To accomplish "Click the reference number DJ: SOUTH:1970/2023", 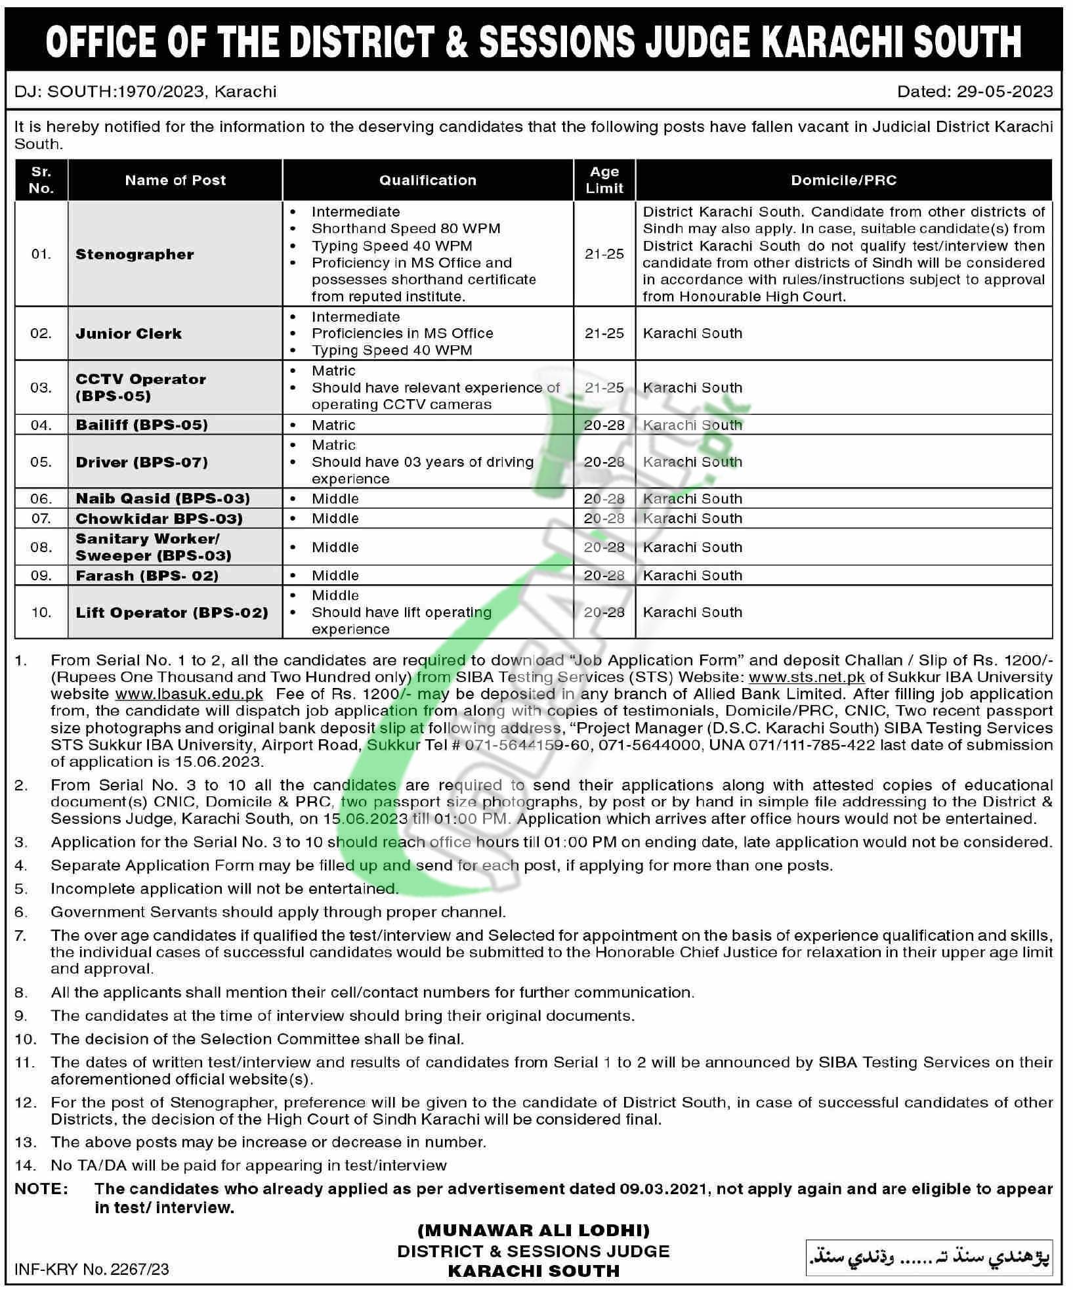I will coord(109,91).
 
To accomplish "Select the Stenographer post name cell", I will coord(135,254).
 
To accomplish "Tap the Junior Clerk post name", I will coord(128,333).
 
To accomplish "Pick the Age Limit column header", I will coord(604,180).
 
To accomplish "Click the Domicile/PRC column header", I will coord(843,180).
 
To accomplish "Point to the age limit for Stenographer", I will coord(604,254).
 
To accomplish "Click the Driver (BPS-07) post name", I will coord(141,462).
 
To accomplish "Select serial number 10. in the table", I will coord(41,613).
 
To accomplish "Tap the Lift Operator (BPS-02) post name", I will coord(171,613).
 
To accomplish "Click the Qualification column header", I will coord(427,180).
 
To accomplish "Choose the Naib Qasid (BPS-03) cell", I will coord(162,498).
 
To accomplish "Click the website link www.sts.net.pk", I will coord(807,677).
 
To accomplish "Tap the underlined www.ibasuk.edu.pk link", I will coord(189,694).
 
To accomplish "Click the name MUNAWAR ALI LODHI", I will coord(534,1230).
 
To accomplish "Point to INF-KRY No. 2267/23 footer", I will coord(91,1269).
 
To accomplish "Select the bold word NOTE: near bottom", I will coord(41,1189).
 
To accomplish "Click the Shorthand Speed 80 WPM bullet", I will coord(406,228).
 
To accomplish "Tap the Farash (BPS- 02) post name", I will coord(146,576).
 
